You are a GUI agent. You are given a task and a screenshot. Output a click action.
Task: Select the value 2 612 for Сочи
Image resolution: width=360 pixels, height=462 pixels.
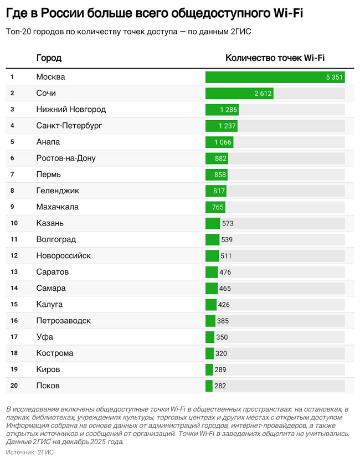(x=263, y=93)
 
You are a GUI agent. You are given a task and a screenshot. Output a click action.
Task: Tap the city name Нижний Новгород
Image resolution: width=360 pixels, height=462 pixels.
(x=71, y=109)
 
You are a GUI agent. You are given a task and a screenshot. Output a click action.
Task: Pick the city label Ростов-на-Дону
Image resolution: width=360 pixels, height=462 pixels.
(x=66, y=158)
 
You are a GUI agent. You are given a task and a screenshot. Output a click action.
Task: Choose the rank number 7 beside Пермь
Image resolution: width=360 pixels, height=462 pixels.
(x=12, y=174)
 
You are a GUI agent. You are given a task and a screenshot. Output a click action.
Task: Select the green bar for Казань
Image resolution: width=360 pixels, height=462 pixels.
(x=212, y=223)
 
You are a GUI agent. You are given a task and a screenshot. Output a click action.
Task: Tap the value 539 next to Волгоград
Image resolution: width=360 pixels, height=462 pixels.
(x=227, y=239)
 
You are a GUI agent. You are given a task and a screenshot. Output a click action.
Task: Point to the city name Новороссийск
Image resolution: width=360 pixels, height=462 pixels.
(x=64, y=255)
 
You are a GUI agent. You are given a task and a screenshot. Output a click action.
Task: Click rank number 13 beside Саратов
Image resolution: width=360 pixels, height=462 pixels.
(x=14, y=272)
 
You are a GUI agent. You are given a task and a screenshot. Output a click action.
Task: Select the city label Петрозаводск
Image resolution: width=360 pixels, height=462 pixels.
(x=63, y=321)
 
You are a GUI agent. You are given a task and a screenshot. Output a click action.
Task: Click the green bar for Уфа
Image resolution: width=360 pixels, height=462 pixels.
(x=209, y=337)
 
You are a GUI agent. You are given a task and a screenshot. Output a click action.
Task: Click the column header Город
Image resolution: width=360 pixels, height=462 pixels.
(x=49, y=58)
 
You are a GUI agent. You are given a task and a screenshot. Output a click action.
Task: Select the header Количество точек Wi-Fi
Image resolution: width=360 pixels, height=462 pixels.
(x=275, y=58)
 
